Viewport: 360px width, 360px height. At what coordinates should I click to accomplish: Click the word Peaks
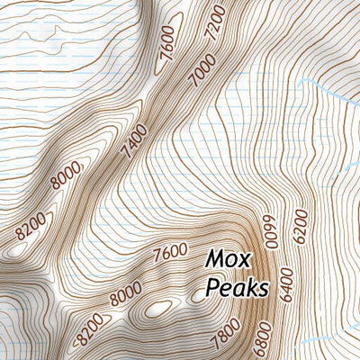click(x=237, y=288)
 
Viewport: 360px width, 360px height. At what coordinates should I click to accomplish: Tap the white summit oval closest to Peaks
click(x=203, y=292)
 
